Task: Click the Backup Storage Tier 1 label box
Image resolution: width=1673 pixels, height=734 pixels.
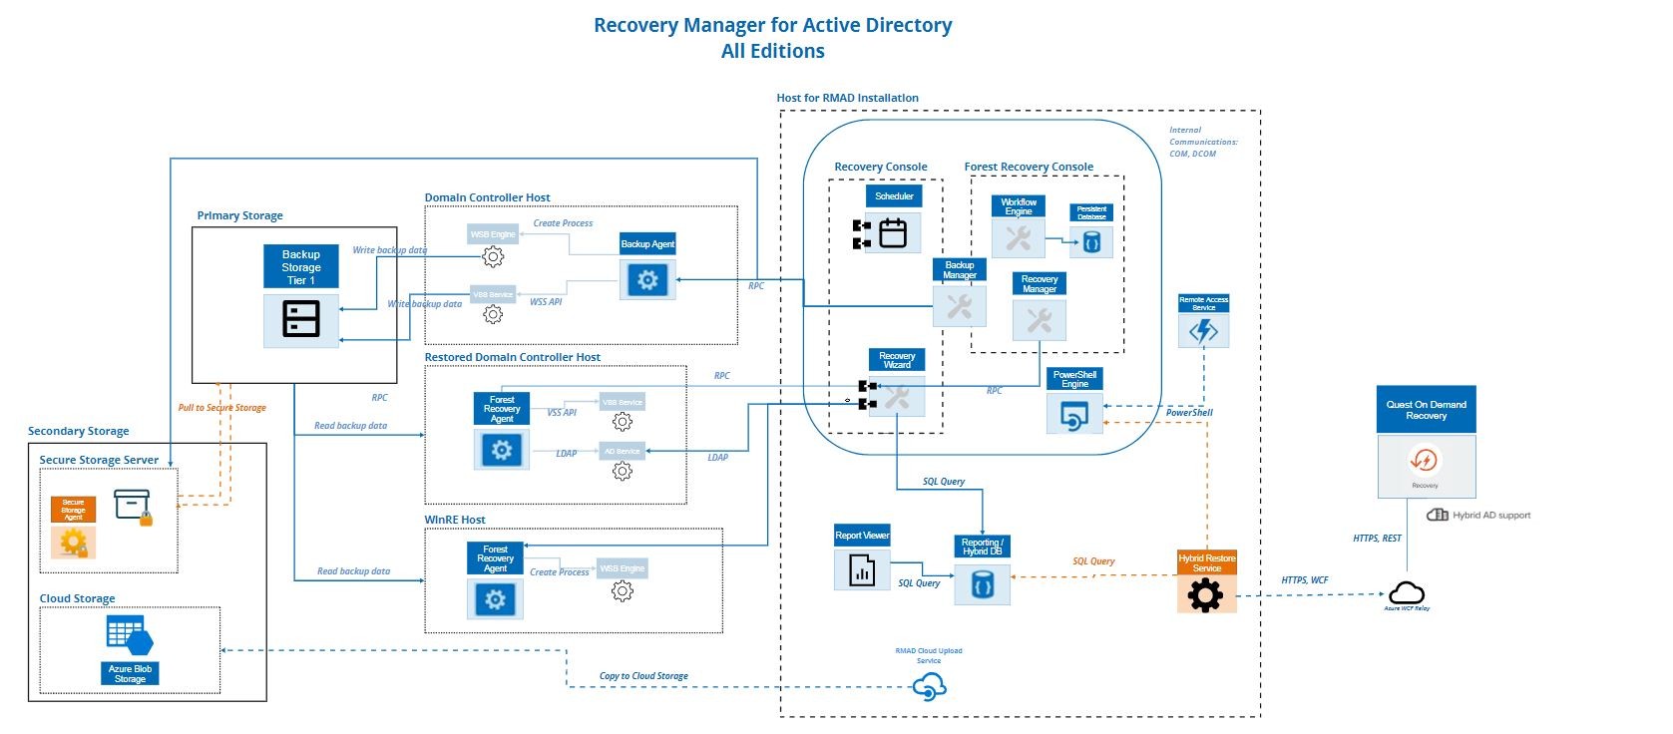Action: point(301,267)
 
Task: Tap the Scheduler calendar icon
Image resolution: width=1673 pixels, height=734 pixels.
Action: point(893,233)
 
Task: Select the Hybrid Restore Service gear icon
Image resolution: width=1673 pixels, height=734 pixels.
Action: point(1206,594)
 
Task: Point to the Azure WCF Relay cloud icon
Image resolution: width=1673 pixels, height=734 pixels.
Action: point(1406,592)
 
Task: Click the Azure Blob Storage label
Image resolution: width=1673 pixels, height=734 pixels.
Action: point(130,674)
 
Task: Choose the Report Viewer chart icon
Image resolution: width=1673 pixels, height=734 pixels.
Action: point(862,570)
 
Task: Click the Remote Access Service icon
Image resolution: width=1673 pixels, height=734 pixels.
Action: point(1203,331)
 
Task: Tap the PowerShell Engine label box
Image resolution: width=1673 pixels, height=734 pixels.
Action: point(1074,380)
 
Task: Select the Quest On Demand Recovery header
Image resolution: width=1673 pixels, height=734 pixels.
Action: point(1426,410)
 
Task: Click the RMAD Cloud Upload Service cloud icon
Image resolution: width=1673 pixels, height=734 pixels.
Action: point(929,686)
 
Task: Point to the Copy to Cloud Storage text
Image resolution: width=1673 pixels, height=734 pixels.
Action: point(643,676)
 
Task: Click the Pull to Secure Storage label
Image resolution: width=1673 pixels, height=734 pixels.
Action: point(221,408)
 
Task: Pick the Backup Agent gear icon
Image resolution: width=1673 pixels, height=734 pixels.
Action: point(647,280)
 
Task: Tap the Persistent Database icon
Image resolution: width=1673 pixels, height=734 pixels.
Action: point(1091,242)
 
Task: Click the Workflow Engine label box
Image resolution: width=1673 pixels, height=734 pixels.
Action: point(1018,207)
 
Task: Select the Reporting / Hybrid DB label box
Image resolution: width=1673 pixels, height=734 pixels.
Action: point(983,548)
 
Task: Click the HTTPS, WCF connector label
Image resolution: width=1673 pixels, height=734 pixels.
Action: point(1304,580)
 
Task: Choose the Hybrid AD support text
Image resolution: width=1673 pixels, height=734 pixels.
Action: point(1490,516)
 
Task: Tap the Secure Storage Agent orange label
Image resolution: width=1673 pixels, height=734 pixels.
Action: point(73,510)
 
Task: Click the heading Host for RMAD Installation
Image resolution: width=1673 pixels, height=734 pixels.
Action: point(847,98)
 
